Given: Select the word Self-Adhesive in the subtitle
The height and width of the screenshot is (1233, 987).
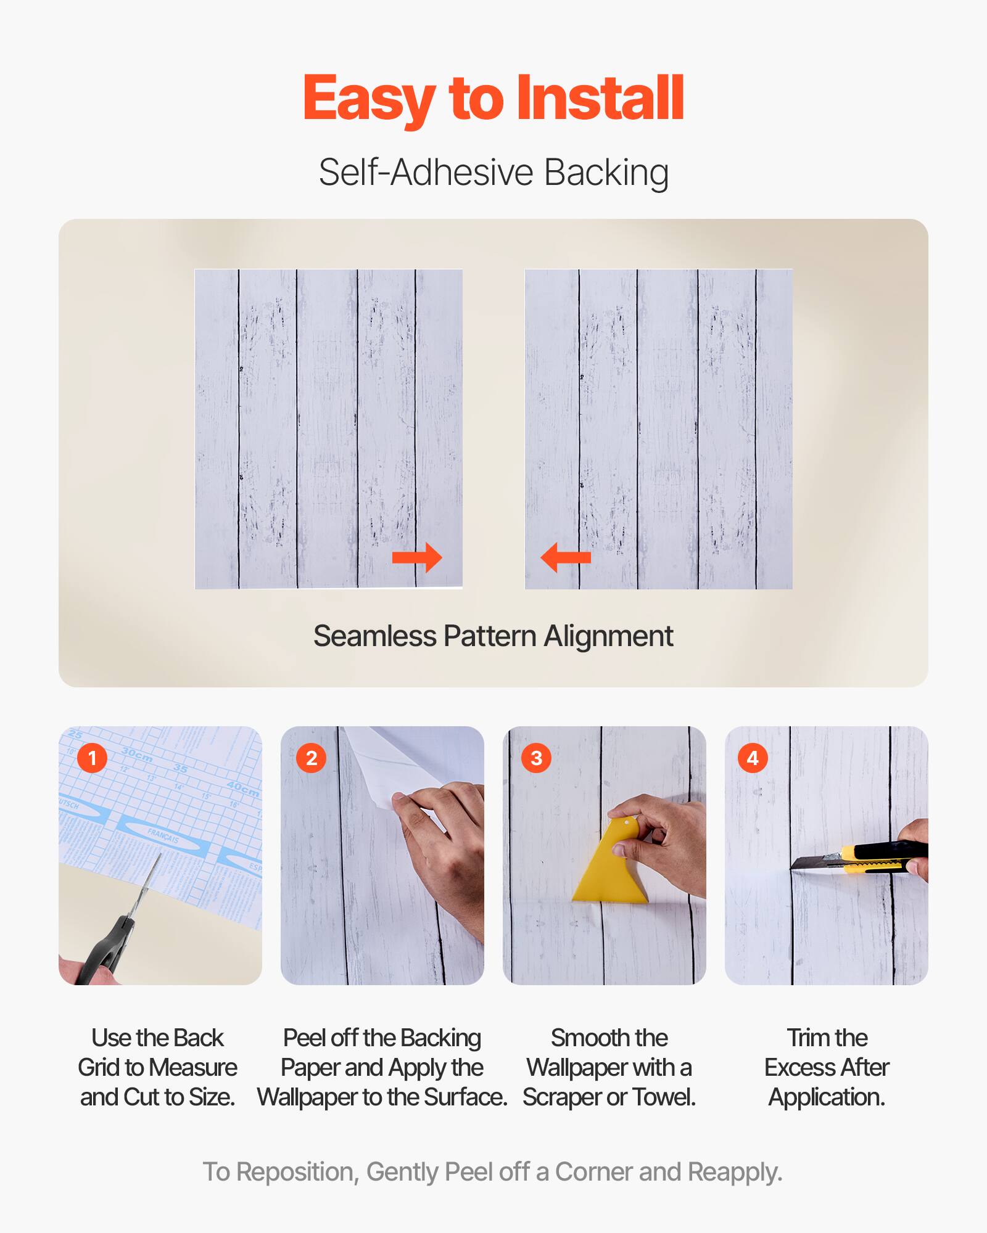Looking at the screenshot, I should (426, 172).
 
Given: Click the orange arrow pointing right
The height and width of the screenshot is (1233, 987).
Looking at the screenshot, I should (418, 558).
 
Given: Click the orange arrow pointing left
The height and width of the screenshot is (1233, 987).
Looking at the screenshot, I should (565, 558).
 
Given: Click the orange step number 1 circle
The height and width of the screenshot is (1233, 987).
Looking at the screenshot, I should (93, 758).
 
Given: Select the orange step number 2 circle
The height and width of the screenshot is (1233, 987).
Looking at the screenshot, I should (312, 758).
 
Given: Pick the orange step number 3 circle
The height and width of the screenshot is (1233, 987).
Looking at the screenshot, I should (536, 758).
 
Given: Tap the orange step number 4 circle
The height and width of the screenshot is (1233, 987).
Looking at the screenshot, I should (753, 758).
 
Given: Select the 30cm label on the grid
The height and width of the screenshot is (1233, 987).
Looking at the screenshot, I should (137, 754).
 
